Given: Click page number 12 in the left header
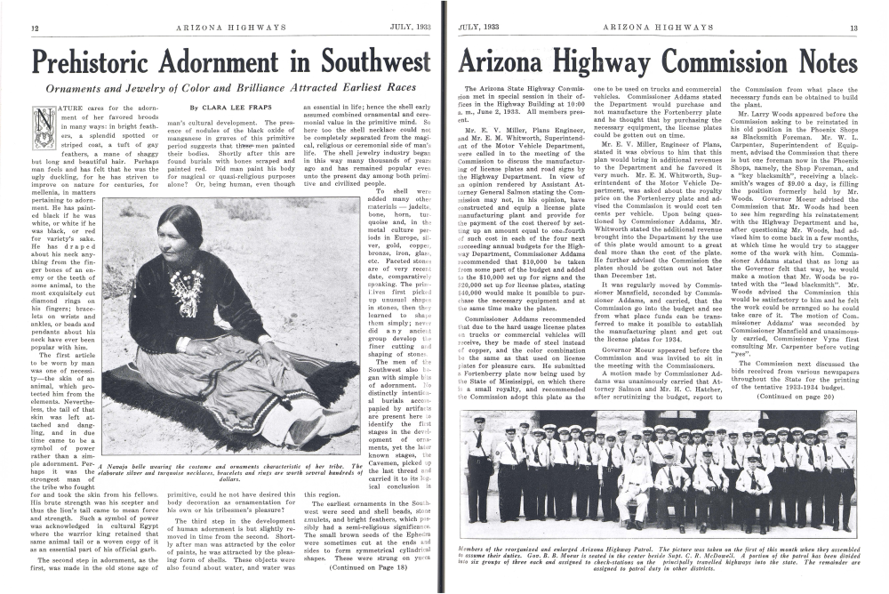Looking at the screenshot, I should pos(33,28).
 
